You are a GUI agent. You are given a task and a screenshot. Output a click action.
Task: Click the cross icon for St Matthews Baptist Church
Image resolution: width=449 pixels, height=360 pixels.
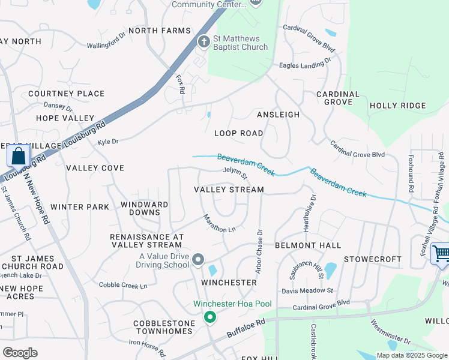pos(203,41)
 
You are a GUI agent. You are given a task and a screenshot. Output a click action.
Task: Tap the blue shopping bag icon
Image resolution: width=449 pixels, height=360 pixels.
pos(19,157)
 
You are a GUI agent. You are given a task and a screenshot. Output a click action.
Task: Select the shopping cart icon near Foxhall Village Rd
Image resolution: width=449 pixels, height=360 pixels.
pos(441,253)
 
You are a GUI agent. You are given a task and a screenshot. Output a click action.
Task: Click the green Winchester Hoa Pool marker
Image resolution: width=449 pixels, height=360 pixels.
pos(209,317)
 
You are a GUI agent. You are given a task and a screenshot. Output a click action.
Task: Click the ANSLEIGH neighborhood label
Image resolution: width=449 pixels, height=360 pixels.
pos(278,114)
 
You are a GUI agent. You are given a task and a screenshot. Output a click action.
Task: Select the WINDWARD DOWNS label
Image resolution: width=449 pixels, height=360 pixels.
pos(145,209)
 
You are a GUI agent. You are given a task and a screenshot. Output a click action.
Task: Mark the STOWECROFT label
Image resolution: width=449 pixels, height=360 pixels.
pos(372,259)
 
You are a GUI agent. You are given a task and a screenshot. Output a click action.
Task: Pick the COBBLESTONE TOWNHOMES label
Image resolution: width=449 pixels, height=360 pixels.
pos(164,327)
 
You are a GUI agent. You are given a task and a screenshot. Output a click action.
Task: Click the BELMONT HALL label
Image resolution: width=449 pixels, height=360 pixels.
pos(308,245)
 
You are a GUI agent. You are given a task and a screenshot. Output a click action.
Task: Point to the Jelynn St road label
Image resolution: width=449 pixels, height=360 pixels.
pos(235,173)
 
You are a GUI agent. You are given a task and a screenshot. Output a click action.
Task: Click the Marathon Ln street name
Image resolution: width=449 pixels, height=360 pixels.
pos(219,224)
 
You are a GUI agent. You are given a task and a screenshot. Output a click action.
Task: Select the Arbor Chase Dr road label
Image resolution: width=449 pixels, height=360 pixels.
pos(259,251)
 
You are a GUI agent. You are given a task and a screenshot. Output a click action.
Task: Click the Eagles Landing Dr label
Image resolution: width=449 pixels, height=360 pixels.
pos(305,63)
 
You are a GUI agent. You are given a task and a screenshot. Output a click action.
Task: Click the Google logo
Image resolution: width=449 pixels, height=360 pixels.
pos(20,352)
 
